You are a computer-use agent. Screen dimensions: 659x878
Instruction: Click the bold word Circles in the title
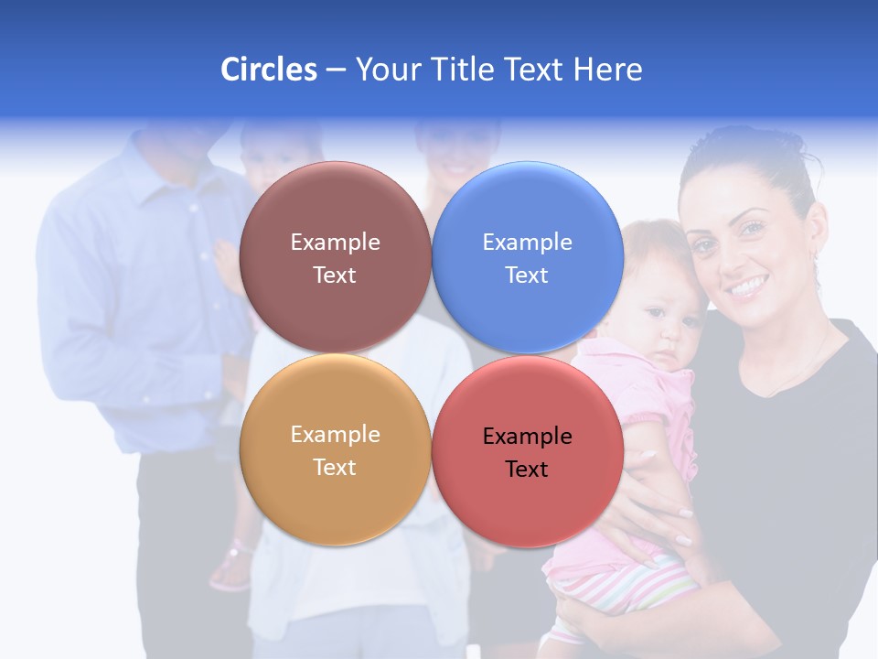point(269,70)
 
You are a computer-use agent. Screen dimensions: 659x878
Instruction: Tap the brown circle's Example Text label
point(335,258)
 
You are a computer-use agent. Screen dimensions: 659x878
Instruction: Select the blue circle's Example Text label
point(527,258)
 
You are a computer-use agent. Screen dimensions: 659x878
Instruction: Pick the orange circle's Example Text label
point(335,450)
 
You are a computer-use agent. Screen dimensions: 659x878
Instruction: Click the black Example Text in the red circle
point(527,452)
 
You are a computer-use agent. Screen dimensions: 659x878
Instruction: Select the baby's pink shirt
point(640,394)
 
